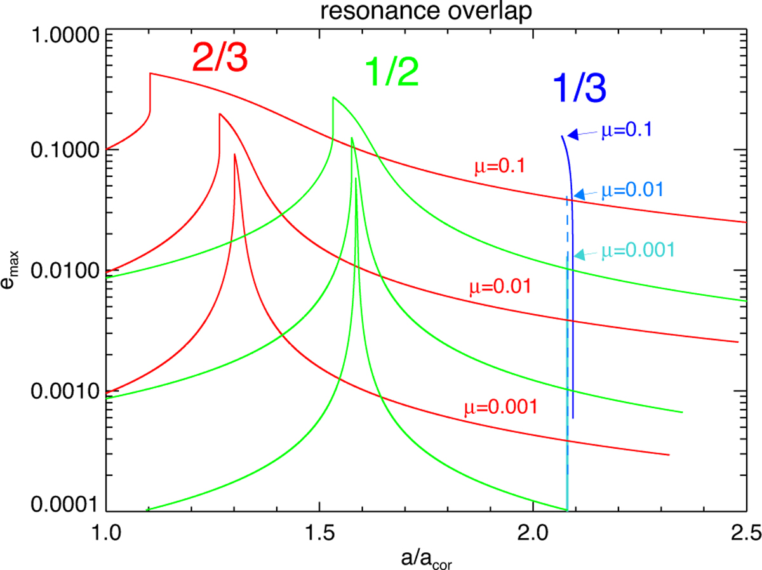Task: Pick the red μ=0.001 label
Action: click(x=501, y=406)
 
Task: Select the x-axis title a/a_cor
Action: click(x=425, y=557)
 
